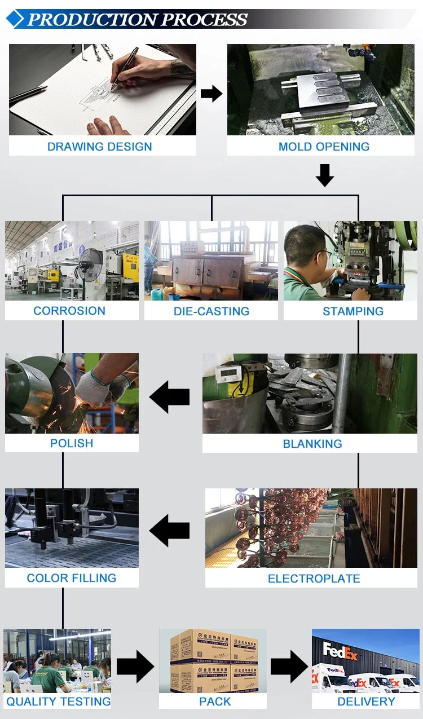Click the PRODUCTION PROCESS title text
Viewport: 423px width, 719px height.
(137, 19)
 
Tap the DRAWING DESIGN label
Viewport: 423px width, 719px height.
(99, 147)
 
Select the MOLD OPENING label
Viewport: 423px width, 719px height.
(324, 147)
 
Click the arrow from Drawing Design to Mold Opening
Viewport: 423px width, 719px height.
(211, 94)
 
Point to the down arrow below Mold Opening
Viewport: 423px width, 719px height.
(324, 175)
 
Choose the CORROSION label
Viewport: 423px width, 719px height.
(69, 311)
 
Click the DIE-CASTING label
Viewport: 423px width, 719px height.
(211, 311)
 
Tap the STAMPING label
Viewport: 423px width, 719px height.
(353, 311)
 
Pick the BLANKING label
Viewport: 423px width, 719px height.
(312, 444)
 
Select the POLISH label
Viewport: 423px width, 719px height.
(72, 443)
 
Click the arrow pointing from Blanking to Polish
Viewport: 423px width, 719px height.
(170, 397)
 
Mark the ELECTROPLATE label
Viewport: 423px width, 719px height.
(314, 579)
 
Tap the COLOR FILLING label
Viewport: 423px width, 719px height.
(72, 578)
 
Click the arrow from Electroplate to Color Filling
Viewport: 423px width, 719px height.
(170, 531)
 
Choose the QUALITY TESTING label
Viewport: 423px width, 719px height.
(58, 702)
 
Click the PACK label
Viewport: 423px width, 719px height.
(215, 702)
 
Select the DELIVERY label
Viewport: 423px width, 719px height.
(366, 702)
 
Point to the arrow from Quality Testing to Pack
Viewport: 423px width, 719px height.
(135, 667)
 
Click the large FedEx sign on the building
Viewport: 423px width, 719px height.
(341, 651)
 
